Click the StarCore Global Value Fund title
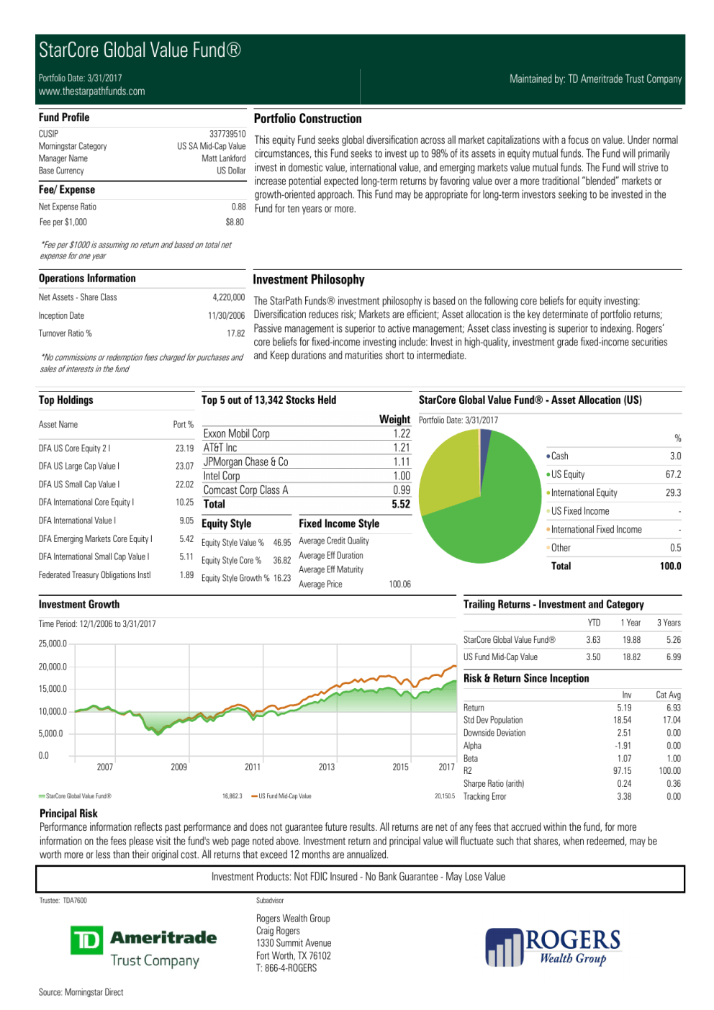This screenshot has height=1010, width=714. coord(140,50)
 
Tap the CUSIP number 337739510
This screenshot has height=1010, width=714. coord(227,134)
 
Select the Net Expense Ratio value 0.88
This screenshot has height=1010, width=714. coord(238,207)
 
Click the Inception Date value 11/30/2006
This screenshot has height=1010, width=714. coord(226,316)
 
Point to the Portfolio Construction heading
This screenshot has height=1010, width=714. coord(307,119)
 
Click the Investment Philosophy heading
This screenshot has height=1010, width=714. coord(308,280)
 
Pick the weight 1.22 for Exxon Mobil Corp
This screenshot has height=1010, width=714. coord(402,433)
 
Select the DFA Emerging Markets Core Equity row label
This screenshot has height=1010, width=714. coord(95,538)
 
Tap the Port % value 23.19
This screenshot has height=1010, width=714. coord(184,448)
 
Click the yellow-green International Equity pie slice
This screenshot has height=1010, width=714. coord(450,472)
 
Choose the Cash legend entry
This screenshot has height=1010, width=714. coord(559,456)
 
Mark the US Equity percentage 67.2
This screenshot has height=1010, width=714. coord(673,474)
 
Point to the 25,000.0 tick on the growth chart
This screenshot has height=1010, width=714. coord(53,644)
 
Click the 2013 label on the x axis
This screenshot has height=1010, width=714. coord(327,767)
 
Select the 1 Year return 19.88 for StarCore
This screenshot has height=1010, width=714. coord(631,640)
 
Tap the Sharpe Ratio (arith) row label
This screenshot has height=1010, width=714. coord(494,784)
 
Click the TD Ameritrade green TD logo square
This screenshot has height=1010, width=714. coord(86,941)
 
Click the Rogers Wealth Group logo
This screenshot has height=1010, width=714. coord(553,947)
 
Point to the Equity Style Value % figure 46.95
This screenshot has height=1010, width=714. coord(282,543)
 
